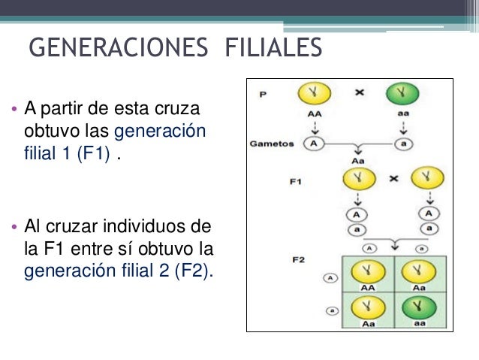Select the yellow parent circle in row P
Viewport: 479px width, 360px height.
pos(314,95)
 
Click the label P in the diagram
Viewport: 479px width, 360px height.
pos(262,95)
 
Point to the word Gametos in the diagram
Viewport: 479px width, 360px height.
pos(272,144)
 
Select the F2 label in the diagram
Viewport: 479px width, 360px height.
pos(297,259)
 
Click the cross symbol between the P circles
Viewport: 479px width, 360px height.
pos(360,93)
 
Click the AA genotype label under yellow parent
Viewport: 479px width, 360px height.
pos(313,114)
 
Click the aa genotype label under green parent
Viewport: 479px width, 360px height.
pos(402,114)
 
